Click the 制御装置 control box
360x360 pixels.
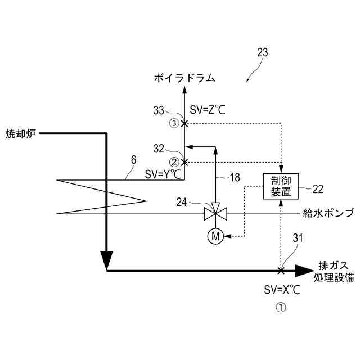(x=280, y=186)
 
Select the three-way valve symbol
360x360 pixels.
(x=215, y=214)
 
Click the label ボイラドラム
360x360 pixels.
(x=184, y=78)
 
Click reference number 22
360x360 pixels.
(x=318, y=187)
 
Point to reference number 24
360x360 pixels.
(x=185, y=200)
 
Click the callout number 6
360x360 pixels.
(x=133, y=159)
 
